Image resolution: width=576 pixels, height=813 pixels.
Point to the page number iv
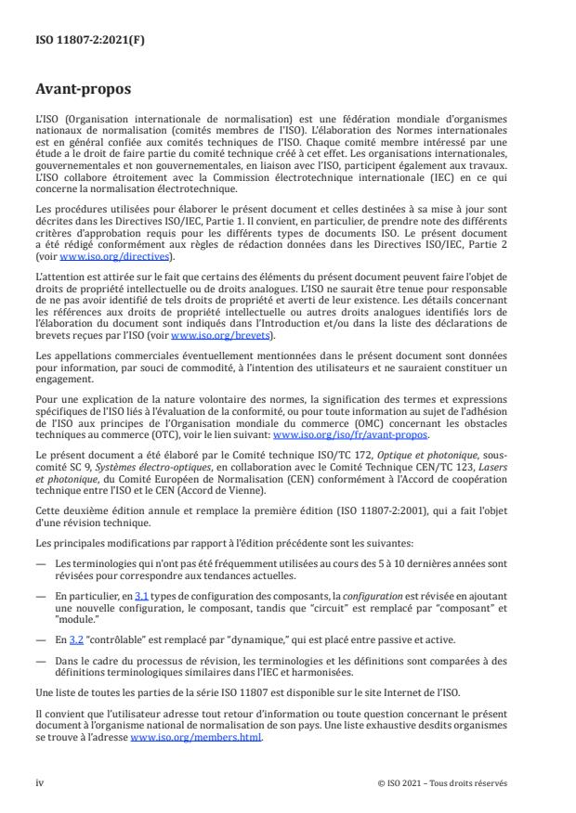pyautogui.click(x=40, y=782)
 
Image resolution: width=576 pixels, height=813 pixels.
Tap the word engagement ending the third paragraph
pyautogui.click(x=61, y=365)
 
